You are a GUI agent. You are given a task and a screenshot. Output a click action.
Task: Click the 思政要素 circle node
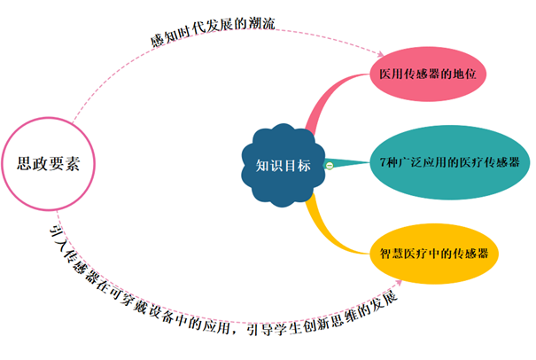pyautogui.click(x=56, y=164)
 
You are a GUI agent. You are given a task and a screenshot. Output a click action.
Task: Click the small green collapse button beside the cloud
pyautogui.click(x=329, y=164)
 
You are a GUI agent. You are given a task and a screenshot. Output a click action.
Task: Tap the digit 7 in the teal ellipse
pyautogui.click(x=382, y=164)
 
